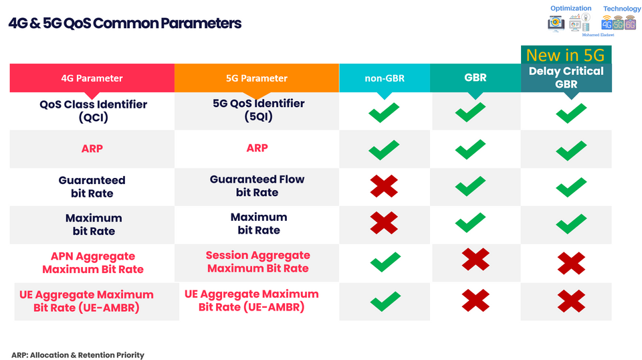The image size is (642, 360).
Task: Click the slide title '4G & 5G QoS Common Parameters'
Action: (x=125, y=23)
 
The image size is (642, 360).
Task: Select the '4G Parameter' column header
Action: (x=92, y=78)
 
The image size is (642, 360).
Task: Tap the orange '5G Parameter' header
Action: (x=257, y=78)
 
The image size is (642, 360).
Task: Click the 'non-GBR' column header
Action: (x=384, y=78)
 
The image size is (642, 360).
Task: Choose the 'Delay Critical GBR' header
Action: (x=566, y=78)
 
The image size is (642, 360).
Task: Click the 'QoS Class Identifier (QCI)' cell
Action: (x=93, y=110)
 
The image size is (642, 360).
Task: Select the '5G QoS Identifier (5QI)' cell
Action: (x=257, y=110)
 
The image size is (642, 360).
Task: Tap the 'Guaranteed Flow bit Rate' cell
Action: (x=257, y=186)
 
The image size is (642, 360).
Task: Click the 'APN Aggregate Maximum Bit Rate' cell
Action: (x=93, y=263)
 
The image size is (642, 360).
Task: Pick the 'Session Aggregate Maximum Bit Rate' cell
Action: (x=258, y=262)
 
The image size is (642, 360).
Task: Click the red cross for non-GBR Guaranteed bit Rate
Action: (x=384, y=186)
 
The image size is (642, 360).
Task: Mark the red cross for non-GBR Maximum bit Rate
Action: (x=384, y=223)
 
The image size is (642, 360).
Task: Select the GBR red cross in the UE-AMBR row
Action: (x=475, y=299)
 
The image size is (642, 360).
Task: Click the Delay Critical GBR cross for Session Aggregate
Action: (x=571, y=263)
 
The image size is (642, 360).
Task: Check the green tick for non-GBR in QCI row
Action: (x=384, y=112)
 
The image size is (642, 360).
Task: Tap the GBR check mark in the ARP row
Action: (x=470, y=149)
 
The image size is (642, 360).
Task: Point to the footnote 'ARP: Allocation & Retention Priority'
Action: (x=78, y=355)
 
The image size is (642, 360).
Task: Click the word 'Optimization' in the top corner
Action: (x=571, y=8)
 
